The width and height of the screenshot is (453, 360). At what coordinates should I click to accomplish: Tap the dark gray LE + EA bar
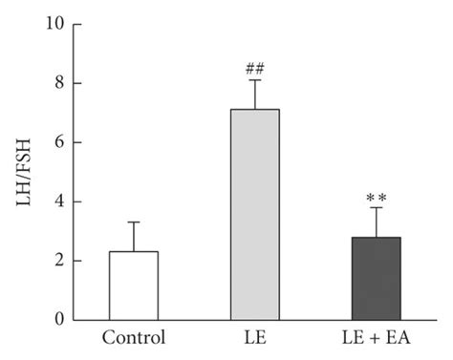pos(376,278)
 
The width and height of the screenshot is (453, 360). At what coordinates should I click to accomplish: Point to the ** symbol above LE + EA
pos(376,198)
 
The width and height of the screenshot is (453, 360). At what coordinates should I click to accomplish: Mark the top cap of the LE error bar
pos(254,79)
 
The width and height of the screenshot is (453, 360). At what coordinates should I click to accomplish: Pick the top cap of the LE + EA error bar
pos(376,208)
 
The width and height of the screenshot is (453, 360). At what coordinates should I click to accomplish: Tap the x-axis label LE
pos(254,339)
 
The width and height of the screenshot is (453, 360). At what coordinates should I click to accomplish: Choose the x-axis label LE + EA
pos(376,339)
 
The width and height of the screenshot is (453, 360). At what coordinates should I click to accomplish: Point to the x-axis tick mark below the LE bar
pos(254,324)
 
